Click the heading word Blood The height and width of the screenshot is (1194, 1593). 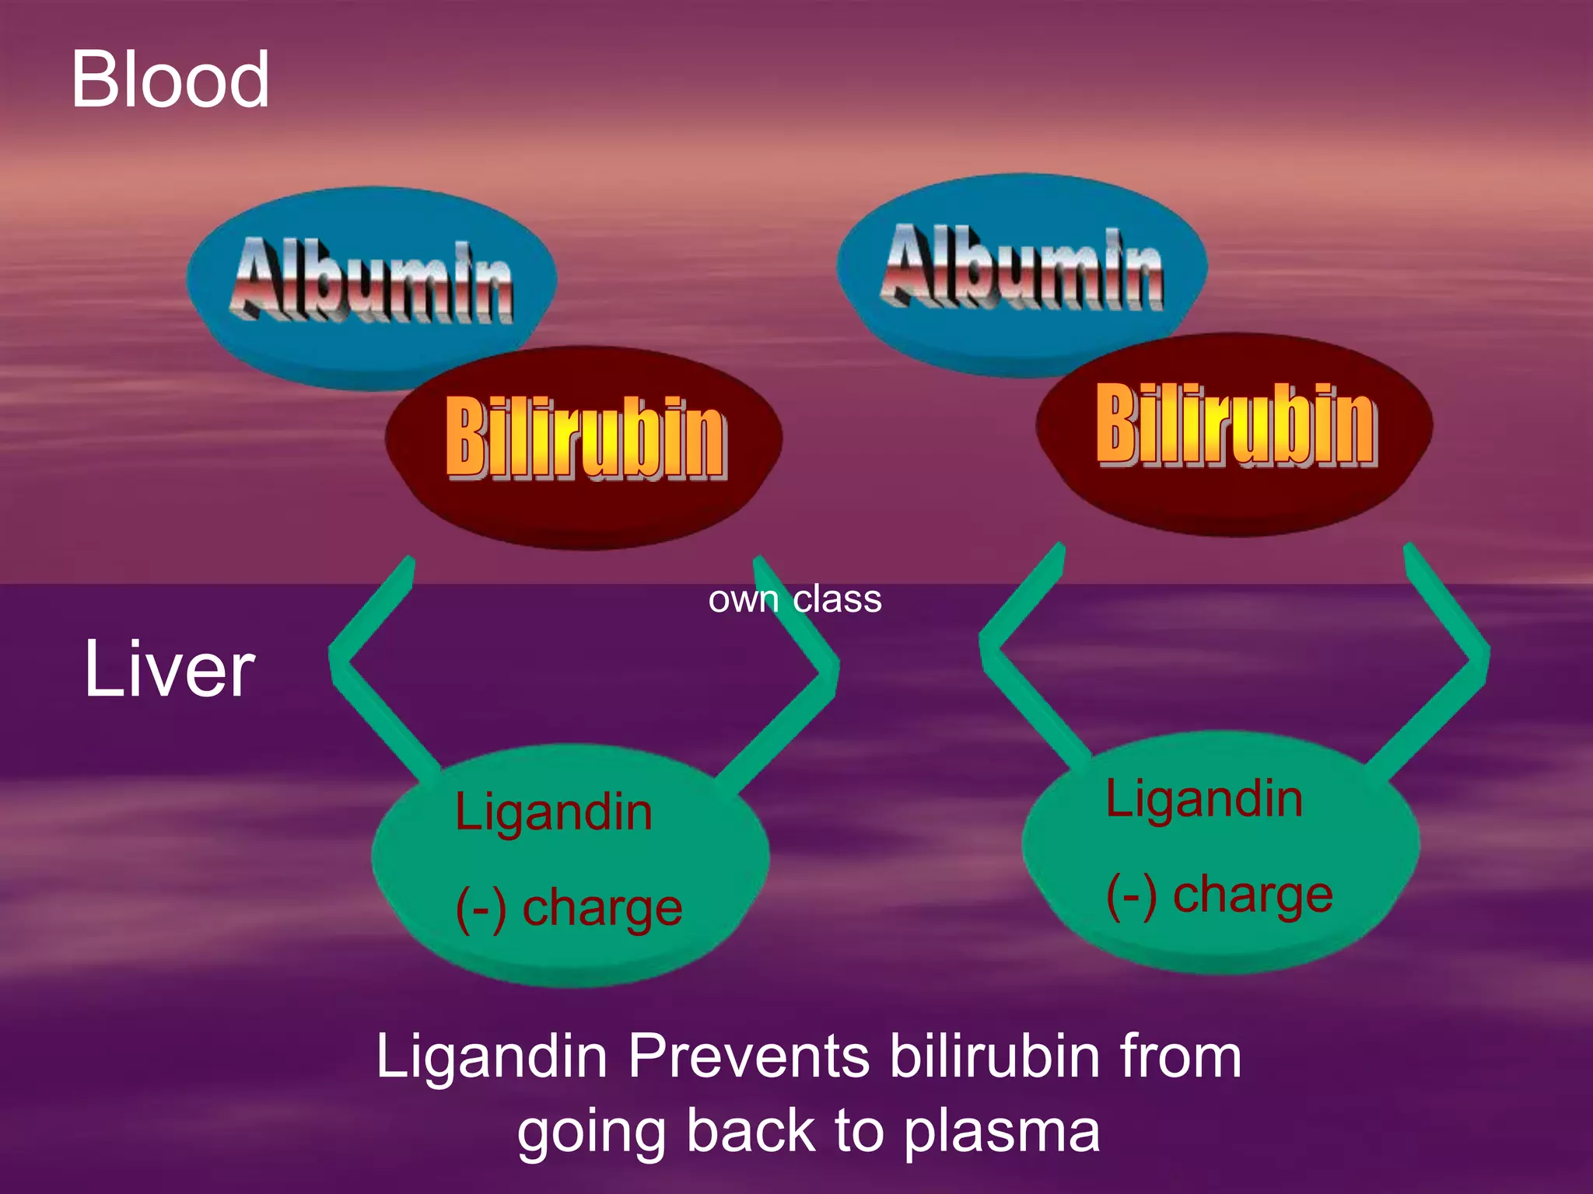pyautogui.click(x=170, y=79)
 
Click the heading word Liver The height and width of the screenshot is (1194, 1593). pyautogui.click(x=169, y=669)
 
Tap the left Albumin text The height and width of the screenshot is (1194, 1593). pyautogui.click(x=372, y=281)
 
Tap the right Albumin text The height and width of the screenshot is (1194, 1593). pyautogui.click(x=1022, y=267)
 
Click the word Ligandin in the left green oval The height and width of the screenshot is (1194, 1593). pyautogui.click(x=553, y=812)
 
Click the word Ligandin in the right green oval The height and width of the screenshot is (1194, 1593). pyautogui.click(x=1203, y=798)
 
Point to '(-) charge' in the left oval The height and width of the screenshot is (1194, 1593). pyautogui.click(x=569, y=908)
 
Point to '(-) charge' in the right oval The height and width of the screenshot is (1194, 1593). pyautogui.click(x=1219, y=895)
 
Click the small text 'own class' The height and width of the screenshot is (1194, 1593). pyautogui.click(x=794, y=599)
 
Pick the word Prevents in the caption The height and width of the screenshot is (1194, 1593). pyautogui.click(x=748, y=1056)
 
